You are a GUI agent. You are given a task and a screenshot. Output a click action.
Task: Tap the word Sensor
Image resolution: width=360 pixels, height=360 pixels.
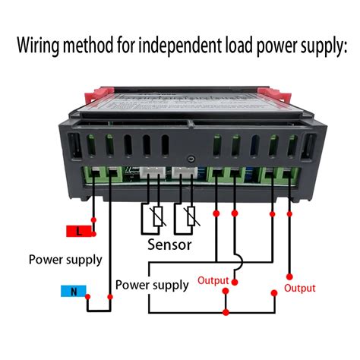[x=169, y=245]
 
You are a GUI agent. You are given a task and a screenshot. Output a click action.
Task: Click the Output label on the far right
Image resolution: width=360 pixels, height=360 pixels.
[x=299, y=288]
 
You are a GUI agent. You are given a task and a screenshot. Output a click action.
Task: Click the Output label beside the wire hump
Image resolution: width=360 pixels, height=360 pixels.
[x=213, y=280]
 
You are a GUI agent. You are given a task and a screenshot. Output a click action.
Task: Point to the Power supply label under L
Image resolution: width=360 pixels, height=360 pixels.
[x=65, y=260]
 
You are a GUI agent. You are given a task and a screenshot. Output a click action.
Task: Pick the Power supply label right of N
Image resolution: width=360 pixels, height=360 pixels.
[x=152, y=286]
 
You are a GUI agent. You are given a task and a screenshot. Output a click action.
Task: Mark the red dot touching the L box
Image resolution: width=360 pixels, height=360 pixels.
[x=93, y=229]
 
